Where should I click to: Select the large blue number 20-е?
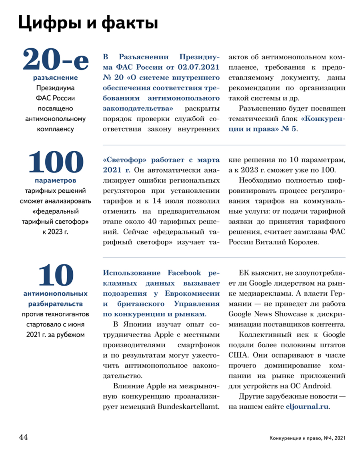pyautogui.click(x=56, y=60)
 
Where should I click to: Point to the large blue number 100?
pyautogui.click(x=56, y=163)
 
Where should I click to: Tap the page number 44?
pyautogui.click(x=23, y=437)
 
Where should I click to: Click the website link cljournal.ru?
pyautogui.click(x=307, y=406)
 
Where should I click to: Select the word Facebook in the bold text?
pyautogui.click(x=184, y=273)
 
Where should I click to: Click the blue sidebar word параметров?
pyautogui.click(x=56, y=181)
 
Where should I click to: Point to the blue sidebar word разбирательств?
pyautogui.click(x=56, y=303)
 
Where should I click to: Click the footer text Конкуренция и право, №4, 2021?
pyautogui.click(x=307, y=438)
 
